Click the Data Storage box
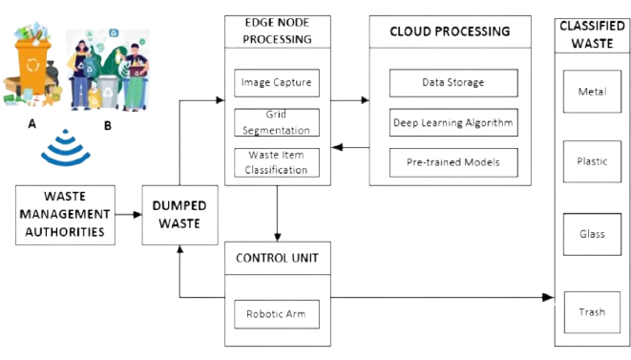[x=452, y=82]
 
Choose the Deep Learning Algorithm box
[x=452, y=122]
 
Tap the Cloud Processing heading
[x=451, y=32]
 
